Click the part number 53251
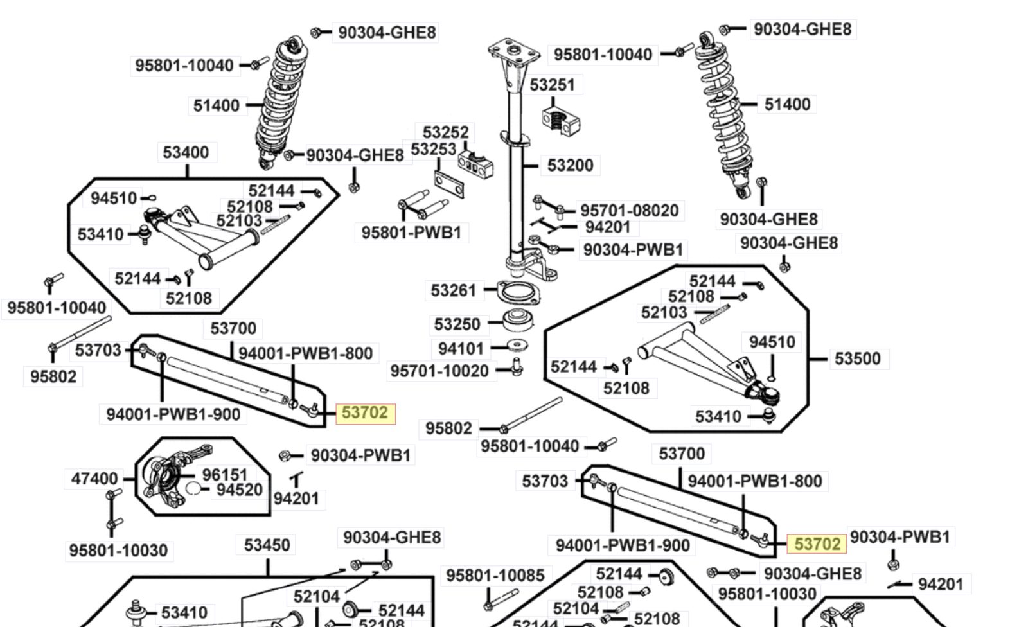[x=552, y=85]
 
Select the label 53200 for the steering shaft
[x=570, y=165]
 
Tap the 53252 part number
[x=445, y=132]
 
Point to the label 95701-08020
[x=629, y=211]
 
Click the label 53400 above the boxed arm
[x=186, y=152]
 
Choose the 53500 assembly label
[x=857, y=358]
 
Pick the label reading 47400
[x=94, y=479]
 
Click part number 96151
[x=225, y=475]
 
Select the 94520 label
[x=240, y=490]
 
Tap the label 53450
[x=267, y=545]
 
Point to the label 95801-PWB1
[x=411, y=233]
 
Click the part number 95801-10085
[x=495, y=575]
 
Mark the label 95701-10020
[x=439, y=371]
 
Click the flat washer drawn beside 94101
[x=517, y=345]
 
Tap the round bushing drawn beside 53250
[x=518, y=320]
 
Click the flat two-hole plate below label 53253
[x=449, y=184]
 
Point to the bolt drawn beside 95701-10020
[x=517, y=367]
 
